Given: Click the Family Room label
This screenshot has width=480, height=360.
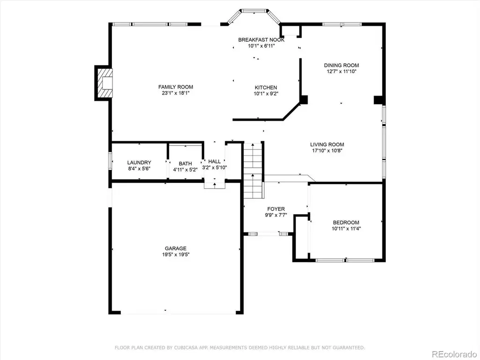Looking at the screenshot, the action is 176,87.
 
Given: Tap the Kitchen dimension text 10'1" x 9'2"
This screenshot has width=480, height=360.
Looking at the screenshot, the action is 266,94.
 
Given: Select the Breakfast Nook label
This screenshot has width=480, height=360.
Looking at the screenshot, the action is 262,40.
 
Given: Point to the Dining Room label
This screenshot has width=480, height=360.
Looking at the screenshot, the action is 341,65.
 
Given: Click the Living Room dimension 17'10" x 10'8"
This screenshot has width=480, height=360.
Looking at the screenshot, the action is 327,150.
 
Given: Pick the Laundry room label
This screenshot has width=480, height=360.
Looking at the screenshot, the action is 139,163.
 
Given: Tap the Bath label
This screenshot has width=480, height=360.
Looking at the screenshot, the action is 186,164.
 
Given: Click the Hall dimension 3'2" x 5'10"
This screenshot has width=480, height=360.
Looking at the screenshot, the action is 214,167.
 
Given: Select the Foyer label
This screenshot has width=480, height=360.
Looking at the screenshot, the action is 276,209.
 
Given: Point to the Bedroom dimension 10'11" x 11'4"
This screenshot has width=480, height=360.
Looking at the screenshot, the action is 346,228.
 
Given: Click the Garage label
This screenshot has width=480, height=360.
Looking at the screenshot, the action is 176,248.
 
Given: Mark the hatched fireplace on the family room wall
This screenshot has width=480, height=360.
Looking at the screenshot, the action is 104,83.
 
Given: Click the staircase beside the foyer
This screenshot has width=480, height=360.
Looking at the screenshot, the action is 253,171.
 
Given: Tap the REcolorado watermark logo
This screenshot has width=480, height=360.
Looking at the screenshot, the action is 454,354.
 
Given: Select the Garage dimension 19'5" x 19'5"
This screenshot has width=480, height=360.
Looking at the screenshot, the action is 176,255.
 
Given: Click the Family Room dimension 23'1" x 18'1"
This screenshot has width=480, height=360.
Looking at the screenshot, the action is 176,93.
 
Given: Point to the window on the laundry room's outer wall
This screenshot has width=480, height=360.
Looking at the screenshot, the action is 110,161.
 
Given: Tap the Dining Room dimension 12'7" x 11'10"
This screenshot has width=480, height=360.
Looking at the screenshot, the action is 341,71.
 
